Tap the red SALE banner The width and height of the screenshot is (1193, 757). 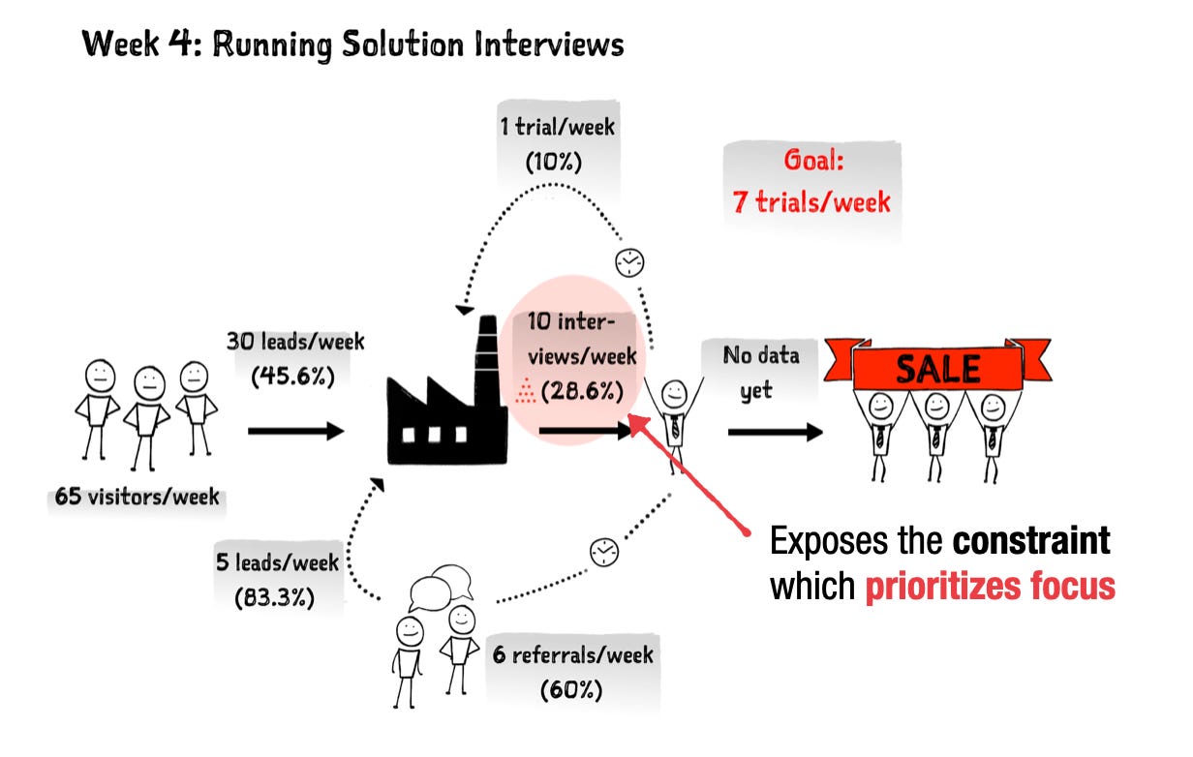[x=936, y=368]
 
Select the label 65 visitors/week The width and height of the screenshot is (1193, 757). [x=137, y=499]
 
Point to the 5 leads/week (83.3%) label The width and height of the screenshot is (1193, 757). [x=278, y=578]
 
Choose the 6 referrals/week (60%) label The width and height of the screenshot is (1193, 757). [x=571, y=672]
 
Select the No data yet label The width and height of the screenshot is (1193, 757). [x=761, y=373]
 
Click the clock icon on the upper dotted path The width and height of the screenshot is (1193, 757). [x=629, y=261]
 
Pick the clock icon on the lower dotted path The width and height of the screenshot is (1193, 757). [x=603, y=551]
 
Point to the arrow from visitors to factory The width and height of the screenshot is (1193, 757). [x=295, y=430]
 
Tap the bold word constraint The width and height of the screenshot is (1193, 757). [x=1030, y=541]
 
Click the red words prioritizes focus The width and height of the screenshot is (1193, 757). [x=990, y=586]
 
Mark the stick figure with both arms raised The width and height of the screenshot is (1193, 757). [x=671, y=416]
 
